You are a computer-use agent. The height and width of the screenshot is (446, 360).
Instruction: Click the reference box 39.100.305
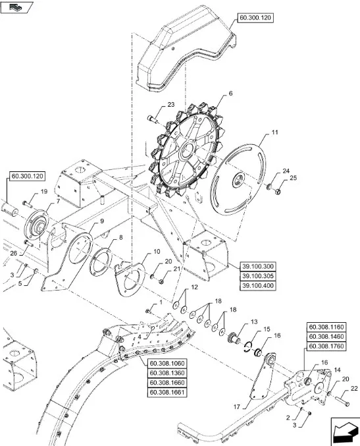[x=258, y=276]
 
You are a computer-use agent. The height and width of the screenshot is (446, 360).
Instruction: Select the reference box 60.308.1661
[x=167, y=393]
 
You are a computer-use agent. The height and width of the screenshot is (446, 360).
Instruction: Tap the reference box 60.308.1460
[x=326, y=337]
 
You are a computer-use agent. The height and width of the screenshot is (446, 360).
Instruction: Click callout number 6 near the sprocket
[x=230, y=94]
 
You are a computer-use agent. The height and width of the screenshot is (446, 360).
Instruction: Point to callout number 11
[x=274, y=132]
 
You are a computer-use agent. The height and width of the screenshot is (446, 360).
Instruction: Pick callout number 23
[x=170, y=105]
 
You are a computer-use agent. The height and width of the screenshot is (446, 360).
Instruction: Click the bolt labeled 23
[x=152, y=119]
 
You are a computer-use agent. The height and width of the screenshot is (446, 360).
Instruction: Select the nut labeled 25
[x=278, y=192]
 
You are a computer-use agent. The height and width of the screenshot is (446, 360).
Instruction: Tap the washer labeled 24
[x=269, y=187]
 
